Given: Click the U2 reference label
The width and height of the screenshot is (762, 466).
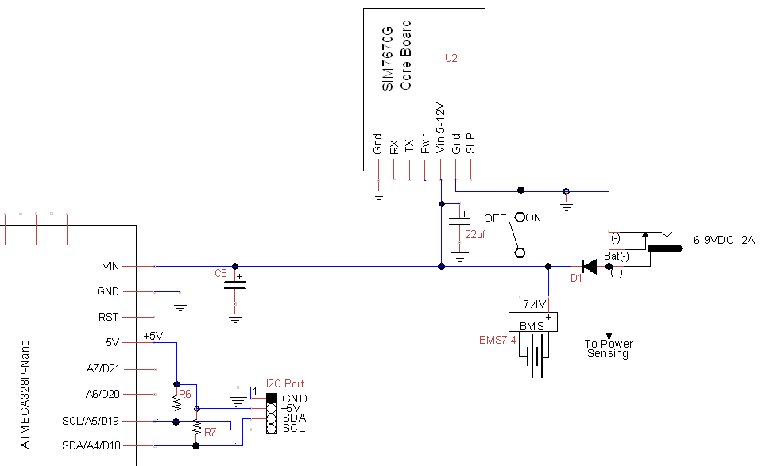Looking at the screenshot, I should [451, 58].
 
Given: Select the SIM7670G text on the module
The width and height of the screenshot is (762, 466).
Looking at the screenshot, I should [387, 60].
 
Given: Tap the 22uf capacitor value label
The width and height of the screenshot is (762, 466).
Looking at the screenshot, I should [476, 235].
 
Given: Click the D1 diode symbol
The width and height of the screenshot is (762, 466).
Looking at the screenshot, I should [590, 266].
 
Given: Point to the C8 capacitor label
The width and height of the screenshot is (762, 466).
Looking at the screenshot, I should [221, 273].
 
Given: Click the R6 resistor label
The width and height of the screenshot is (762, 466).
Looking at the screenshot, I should [185, 394].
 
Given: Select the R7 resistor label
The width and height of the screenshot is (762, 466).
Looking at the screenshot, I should [210, 432].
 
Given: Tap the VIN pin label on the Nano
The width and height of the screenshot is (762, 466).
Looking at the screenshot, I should [110, 266].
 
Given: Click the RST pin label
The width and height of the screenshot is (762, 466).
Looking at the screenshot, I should [109, 317].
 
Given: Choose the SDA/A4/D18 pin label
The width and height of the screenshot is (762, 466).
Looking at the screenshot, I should [91, 445].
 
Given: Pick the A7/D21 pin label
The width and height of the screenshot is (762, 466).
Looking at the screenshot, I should [103, 368].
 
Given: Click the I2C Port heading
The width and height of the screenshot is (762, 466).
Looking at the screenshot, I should [285, 383].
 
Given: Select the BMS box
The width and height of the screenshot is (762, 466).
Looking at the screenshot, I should [532, 322].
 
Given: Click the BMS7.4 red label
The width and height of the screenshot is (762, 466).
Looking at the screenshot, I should [497, 340].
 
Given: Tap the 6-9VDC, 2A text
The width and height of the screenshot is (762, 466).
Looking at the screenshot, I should [724, 240].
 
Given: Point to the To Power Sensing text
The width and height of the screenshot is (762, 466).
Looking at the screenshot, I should [609, 349].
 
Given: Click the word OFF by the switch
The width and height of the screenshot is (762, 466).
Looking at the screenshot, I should [495, 218].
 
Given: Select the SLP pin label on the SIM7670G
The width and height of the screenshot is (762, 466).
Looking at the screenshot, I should [470, 143].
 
